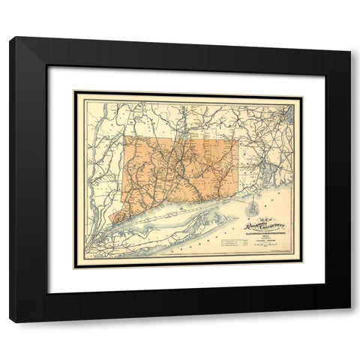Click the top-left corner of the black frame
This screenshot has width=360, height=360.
click(10, 38)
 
